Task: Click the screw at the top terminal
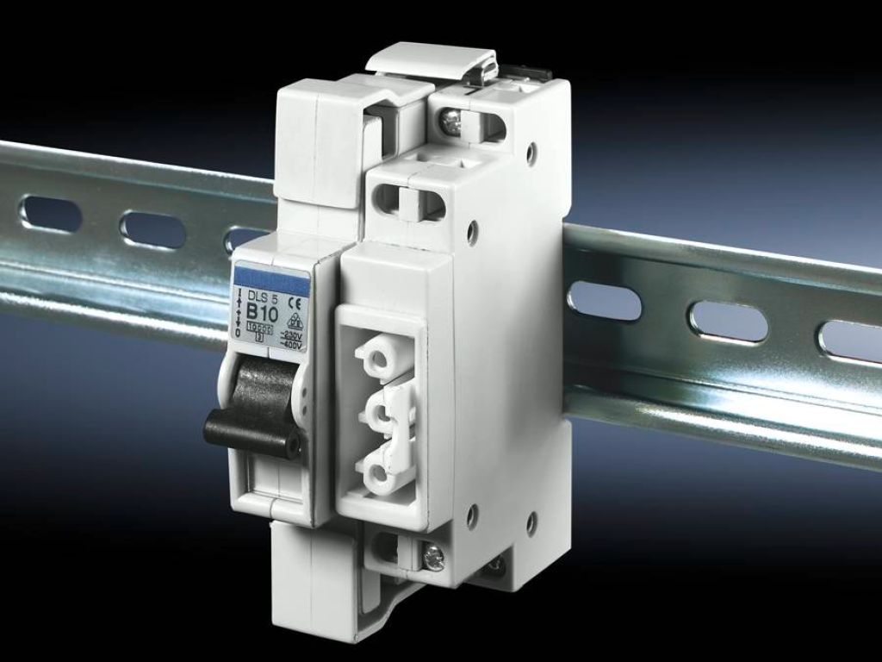click(x=450, y=124)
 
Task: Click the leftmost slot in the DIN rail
click(x=51, y=214)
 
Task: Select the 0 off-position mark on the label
click(x=238, y=333)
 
